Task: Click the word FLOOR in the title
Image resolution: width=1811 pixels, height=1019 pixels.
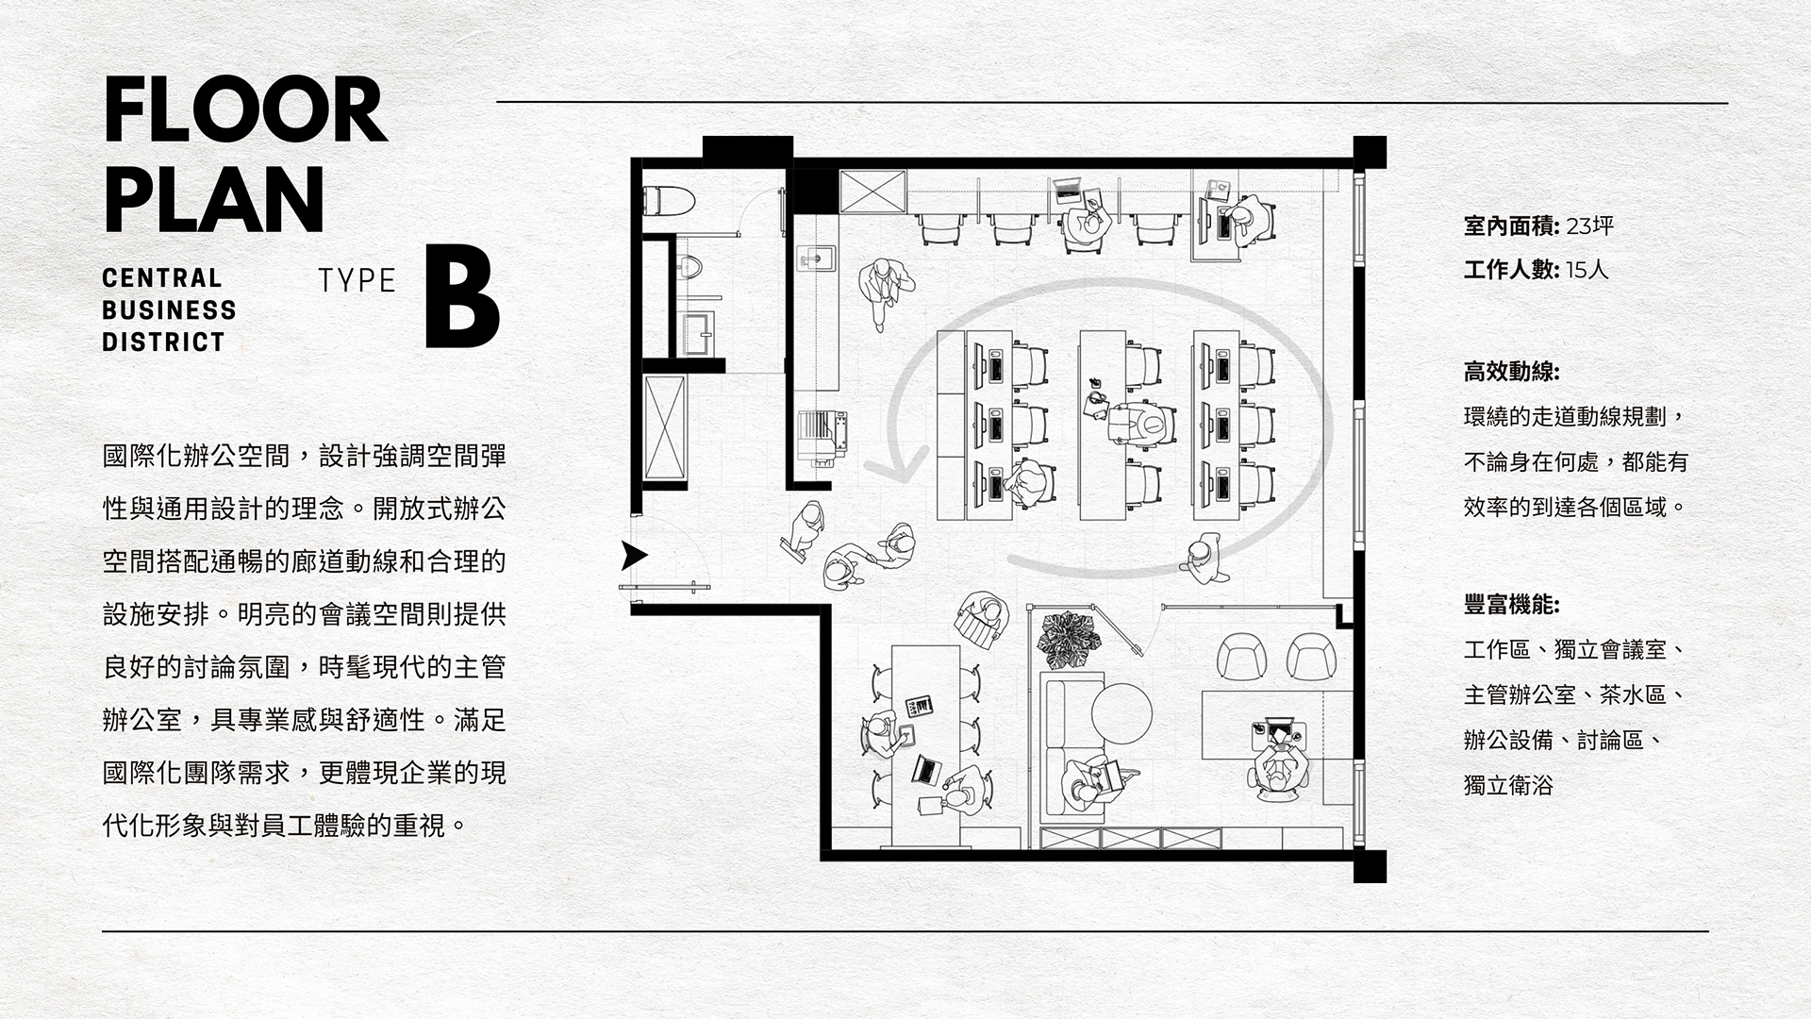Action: [244, 111]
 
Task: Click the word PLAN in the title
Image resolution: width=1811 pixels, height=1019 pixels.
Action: [213, 200]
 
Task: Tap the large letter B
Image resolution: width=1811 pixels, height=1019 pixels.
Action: [461, 297]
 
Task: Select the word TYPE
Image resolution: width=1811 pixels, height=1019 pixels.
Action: [357, 280]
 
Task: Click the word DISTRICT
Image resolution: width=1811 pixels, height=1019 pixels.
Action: [163, 342]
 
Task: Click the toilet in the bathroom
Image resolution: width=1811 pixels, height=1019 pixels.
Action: [668, 200]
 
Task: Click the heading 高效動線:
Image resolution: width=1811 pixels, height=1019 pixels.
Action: [1511, 372]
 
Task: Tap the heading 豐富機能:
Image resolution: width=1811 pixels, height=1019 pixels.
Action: [1511, 605]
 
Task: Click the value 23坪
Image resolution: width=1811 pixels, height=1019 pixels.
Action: [1590, 226]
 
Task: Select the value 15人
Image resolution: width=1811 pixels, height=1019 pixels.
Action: [1587, 271]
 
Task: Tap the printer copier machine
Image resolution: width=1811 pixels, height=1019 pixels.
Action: [822, 437]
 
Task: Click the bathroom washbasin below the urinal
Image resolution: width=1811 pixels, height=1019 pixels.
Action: [699, 326]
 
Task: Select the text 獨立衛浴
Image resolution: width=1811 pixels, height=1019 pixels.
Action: [1507, 785]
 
